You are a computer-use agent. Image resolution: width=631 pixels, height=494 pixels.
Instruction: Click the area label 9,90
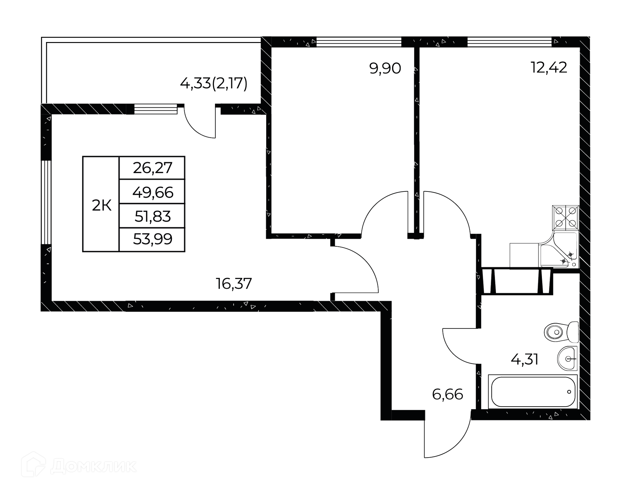[x=385, y=69]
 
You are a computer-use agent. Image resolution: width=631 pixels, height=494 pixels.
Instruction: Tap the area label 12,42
[x=549, y=67]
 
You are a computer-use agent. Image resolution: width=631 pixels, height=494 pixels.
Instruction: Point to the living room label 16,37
[x=234, y=283]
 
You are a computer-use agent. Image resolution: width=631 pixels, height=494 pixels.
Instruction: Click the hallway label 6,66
[x=448, y=394]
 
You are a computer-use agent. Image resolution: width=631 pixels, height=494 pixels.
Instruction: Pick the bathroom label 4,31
[x=525, y=360]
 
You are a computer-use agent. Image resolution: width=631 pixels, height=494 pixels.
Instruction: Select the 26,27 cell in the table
[x=152, y=168]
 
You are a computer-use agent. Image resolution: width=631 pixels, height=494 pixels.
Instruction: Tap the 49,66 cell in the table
[x=152, y=191]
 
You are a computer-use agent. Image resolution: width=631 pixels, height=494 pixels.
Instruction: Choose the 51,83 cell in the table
[x=152, y=216]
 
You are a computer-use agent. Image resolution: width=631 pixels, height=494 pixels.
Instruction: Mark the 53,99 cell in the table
[x=152, y=240]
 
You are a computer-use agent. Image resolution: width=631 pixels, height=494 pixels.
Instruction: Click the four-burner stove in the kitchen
[x=566, y=217]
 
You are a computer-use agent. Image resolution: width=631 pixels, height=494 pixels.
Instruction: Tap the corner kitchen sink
[x=559, y=250]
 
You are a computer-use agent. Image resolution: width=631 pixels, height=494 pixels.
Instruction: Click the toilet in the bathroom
[x=561, y=332]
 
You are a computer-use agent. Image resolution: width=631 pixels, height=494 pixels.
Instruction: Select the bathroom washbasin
[x=568, y=359]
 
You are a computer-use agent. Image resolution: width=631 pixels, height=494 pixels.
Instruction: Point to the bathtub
[x=533, y=392]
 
